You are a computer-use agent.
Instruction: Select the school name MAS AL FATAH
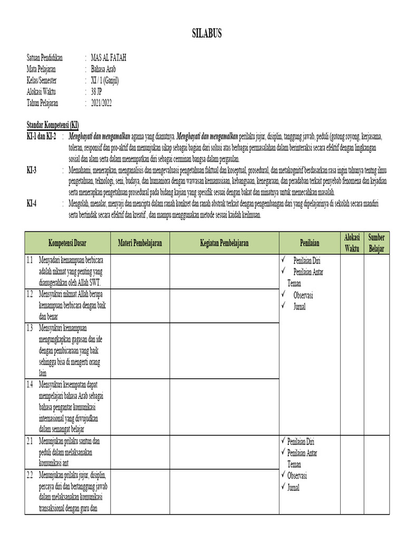pos(109,57)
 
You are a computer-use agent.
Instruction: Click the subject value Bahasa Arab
pos(103,69)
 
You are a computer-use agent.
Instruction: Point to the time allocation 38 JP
pos(98,91)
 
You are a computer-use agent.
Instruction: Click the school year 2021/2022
pos(101,103)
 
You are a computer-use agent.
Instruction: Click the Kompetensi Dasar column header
pos(67,243)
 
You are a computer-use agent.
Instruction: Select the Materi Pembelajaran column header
pos(140,243)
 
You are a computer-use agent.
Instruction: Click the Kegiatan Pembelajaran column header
pos(224,243)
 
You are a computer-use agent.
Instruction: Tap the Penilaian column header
pos(310,243)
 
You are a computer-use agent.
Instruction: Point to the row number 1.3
pos(30,328)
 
